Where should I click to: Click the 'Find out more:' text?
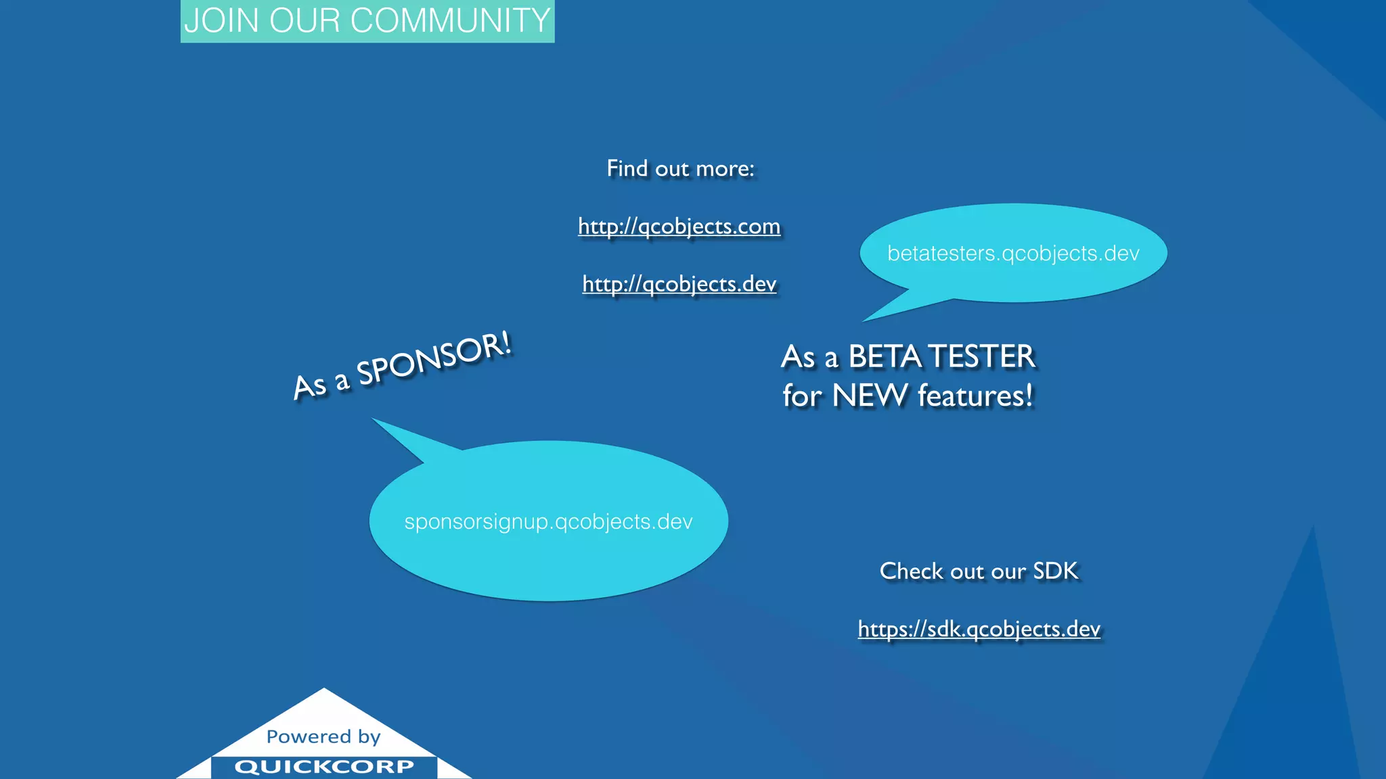[x=680, y=168]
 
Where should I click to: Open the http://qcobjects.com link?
[x=679, y=226]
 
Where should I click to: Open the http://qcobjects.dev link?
[x=679, y=284]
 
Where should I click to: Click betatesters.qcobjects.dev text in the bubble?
[x=1013, y=254]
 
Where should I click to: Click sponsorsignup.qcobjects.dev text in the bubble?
[x=548, y=522]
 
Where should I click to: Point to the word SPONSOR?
[x=434, y=359]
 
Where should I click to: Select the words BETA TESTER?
[x=941, y=356]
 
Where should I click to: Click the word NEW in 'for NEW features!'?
[x=870, y=396]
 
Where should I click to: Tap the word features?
[x=975, y=396]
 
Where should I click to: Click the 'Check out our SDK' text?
[x=979, y=571]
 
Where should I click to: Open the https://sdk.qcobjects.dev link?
[x=979, y=630]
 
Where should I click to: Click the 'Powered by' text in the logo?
[x=323, y=736]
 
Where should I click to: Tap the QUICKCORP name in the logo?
[x=324, y=767]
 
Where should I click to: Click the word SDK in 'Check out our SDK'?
[x=1055, y=571]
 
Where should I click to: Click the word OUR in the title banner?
[x=305, y=20]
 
